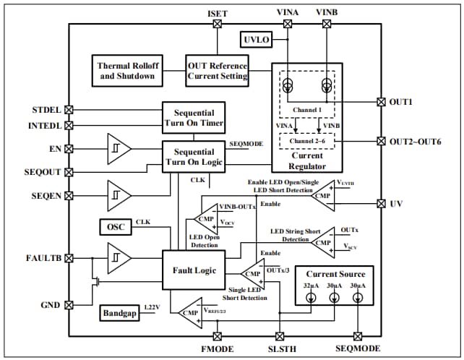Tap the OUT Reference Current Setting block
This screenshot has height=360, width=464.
pos(218,70)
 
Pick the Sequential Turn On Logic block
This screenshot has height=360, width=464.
pos(194,157)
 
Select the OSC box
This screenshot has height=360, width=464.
pos(116,227)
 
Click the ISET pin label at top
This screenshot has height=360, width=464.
pos(218,13)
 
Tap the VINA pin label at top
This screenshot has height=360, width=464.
pos(288,13)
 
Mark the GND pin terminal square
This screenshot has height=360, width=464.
pos(69,305)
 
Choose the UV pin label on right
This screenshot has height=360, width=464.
pos(396,204)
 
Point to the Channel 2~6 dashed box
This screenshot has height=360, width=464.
pos(306,140)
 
